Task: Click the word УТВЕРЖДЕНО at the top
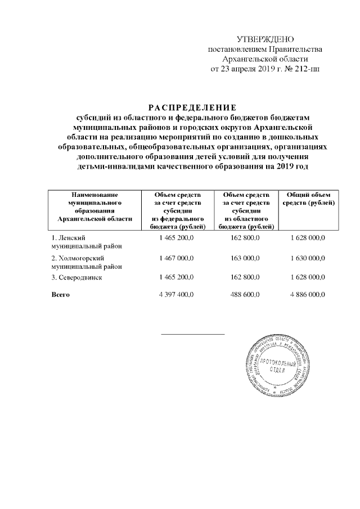(266, 39)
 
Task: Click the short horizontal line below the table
(193, 334)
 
